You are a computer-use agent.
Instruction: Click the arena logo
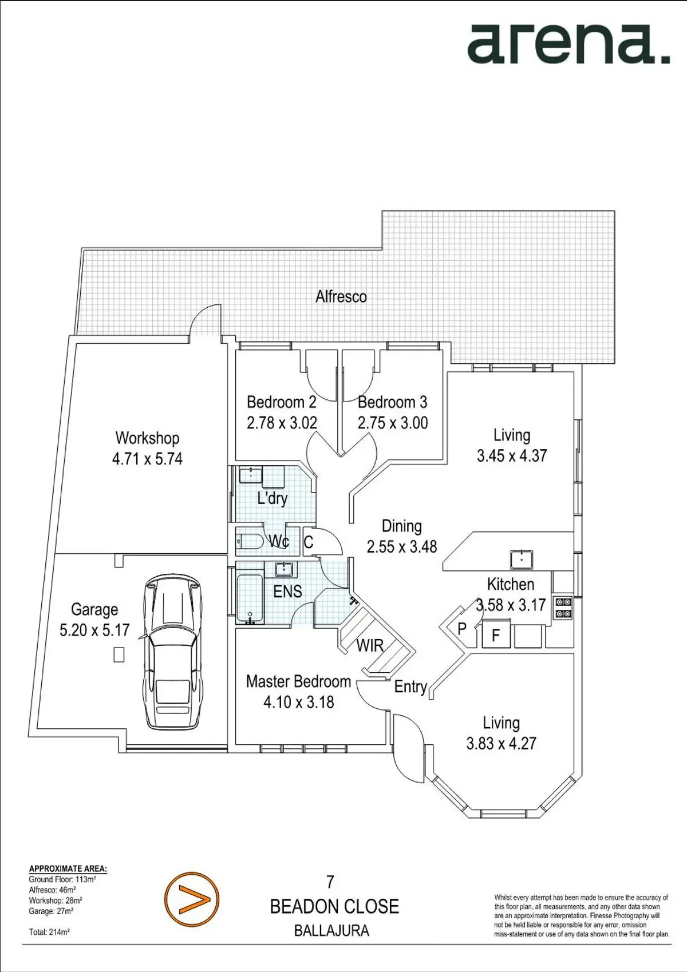coord(568,44)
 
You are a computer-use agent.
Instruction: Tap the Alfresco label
coord(341,297)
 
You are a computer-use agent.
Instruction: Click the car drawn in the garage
coord(173,652)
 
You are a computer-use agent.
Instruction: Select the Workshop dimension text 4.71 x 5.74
coord(147,459)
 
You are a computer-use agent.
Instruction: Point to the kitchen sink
coord(522,560)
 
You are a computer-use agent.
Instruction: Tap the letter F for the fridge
coord(495,636)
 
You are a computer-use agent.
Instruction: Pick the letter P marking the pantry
coord(461,628)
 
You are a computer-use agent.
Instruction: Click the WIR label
coord(370,646)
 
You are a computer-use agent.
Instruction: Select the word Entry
coord(411,687)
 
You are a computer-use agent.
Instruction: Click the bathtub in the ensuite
coord(250,599)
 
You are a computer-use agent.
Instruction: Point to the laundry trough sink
coord(251,475)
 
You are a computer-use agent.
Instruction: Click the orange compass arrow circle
coord(192,899)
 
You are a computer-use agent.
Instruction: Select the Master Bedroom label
coord(298,681)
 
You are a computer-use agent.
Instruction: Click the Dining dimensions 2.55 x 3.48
coord(402,547)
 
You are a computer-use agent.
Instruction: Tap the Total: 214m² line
coord(49,931)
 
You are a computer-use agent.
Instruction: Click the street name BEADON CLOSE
coord(334,907)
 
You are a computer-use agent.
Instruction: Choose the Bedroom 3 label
coord(392,402)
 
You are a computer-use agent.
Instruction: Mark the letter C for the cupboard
coord(309,542)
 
